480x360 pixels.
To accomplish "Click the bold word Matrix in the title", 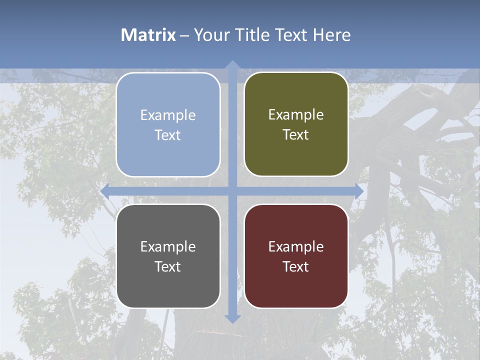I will [148, 35].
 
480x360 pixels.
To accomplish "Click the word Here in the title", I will [331, 35].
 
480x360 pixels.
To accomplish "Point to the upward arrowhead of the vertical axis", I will [232, 65].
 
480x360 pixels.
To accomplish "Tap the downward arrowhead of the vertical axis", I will [232, 318].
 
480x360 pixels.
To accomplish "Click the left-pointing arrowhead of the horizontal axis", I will [105, 191].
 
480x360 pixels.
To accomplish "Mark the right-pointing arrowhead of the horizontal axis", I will [358, 191].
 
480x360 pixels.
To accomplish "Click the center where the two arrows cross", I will [232, 191].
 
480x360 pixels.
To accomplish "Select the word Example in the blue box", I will [168, 115].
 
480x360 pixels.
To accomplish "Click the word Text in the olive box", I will [296, 135].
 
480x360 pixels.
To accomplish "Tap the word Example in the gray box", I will [168, 246].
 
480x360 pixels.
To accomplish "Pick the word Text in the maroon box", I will [296, 266].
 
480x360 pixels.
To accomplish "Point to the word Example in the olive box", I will [296, 115].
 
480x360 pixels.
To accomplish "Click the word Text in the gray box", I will [168, 266].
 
